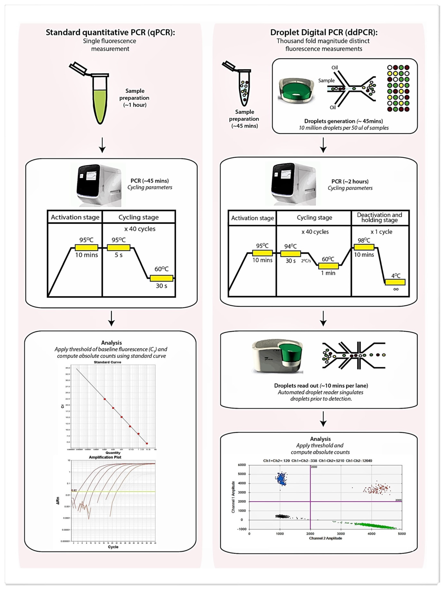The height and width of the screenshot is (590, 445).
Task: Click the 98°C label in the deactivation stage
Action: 364,240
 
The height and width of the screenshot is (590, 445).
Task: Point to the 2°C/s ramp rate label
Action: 306,261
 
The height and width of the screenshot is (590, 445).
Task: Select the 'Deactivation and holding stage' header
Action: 379,217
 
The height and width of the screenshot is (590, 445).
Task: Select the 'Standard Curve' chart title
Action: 107,362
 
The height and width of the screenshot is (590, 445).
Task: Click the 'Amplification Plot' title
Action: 105,457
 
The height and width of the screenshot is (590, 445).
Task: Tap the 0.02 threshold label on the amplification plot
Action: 74,490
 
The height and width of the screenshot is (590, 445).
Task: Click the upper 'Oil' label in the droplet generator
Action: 334,67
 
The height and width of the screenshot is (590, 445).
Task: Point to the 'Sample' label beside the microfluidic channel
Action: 326,80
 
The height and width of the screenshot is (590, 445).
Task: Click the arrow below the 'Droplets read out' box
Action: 323,419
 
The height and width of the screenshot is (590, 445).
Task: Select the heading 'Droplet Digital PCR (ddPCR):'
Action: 324,32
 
